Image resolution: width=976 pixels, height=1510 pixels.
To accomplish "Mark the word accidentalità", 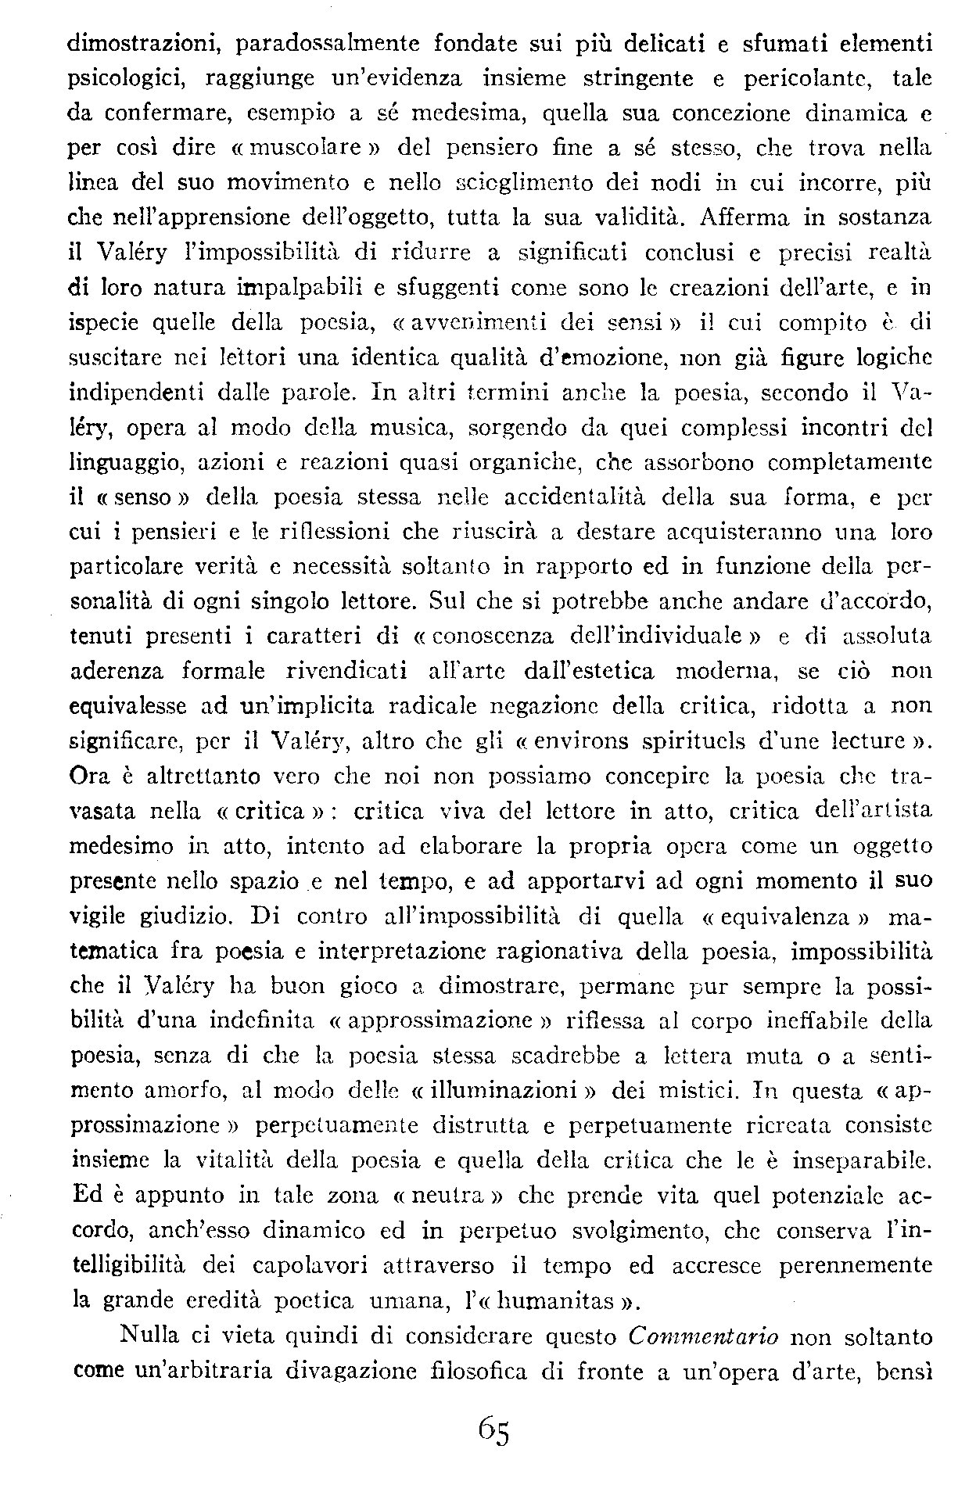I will (x=581, y=497).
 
